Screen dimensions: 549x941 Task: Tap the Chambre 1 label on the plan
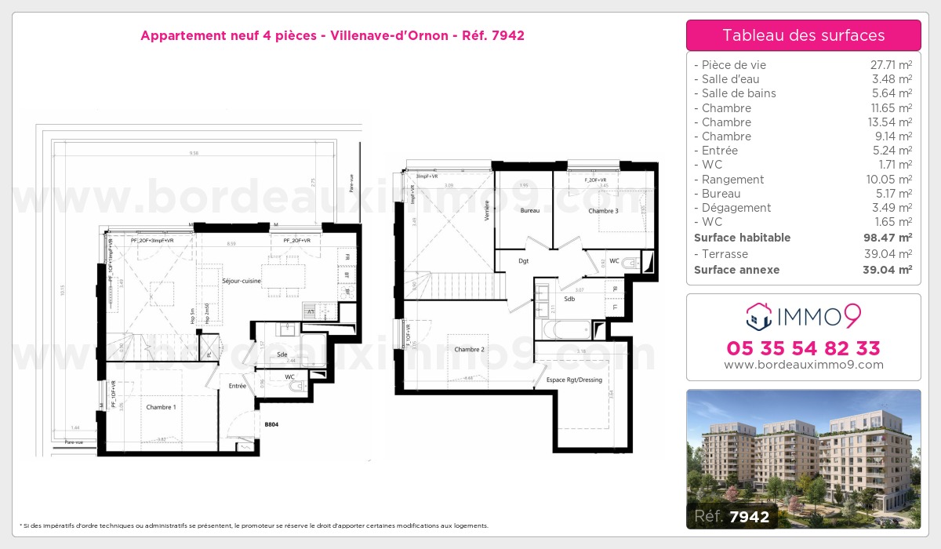161,407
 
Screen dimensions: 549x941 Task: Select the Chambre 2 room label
469,349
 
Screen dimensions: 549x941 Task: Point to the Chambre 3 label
603,211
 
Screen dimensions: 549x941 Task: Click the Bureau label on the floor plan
530,211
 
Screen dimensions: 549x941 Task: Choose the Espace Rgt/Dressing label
574,380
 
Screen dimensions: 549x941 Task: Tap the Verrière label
487,211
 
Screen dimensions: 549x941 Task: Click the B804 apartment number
271,424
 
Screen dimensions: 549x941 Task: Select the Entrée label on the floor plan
237,386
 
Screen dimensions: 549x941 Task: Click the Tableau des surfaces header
803,35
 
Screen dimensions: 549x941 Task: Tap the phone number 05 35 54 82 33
803,348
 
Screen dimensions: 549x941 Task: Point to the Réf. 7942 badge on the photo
732,515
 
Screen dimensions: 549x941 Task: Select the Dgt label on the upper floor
523,262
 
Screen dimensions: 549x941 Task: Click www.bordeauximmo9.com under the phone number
803,365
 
